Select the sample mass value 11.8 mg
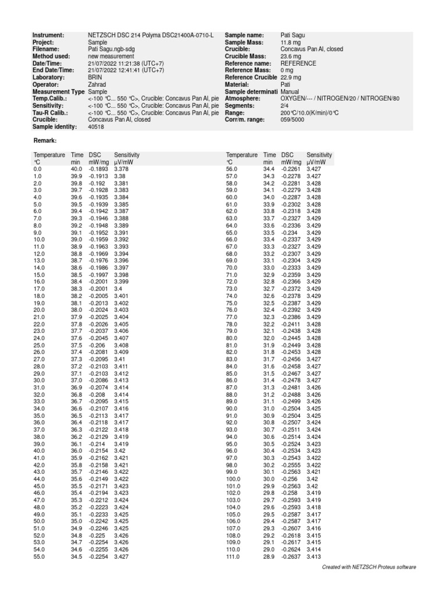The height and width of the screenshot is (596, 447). coord(290,42)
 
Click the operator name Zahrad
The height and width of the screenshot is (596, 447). coord(97,84)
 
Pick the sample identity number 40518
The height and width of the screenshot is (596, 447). coord(96,126)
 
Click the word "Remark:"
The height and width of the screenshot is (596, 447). coord(45,140)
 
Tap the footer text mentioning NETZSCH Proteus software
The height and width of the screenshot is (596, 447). coord(369,567)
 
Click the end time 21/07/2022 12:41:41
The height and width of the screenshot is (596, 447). coord(126,70)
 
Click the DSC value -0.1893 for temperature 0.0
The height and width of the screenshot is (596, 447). coord(98,169)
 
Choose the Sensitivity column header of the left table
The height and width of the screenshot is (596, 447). coord(127,155)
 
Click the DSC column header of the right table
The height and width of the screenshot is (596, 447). coord(288,155)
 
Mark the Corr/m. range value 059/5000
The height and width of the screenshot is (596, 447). coord(296,119)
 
